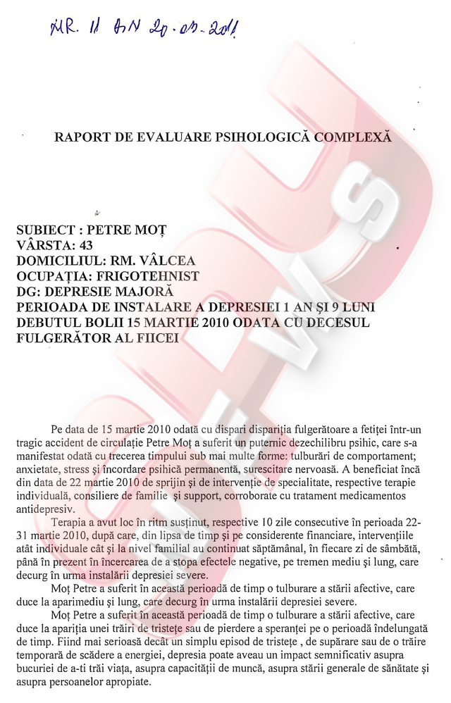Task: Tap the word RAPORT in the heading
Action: coord(80,136)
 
